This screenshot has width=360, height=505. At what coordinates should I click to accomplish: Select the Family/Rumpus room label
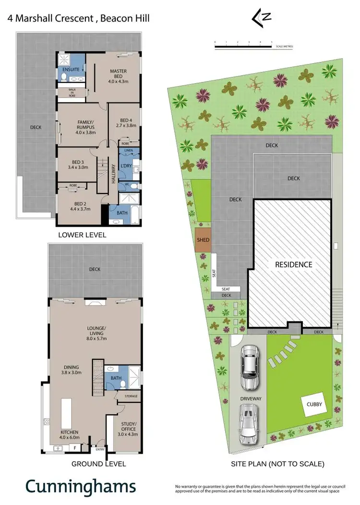pos(85,124)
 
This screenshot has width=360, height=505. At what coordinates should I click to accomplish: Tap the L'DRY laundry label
pos(126,166)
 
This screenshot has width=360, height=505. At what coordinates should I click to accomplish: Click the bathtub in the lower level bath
pos(116,221)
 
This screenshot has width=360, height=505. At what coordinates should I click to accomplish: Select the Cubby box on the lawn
pos(314,404)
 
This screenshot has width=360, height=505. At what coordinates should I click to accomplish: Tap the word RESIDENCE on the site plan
pos(293,265)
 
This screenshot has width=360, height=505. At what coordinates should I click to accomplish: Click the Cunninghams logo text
pos(81,486)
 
